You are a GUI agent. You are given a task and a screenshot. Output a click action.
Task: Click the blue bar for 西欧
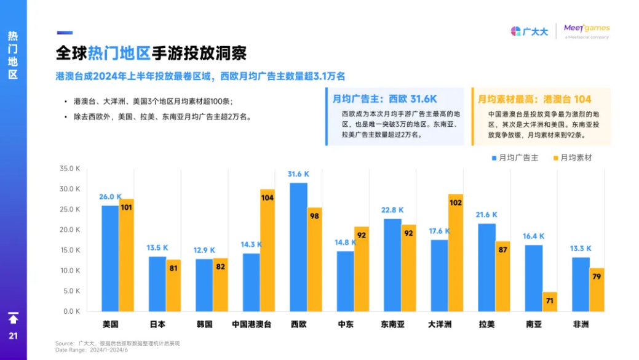coord(298,247)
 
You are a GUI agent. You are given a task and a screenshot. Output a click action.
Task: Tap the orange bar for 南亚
coord(549,302)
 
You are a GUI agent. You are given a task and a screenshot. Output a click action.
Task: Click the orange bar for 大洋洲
coord(455,252)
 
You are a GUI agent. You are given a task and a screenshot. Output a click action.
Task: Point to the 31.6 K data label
coord(298,174)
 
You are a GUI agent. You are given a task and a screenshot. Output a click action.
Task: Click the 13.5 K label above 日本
coord(157,248)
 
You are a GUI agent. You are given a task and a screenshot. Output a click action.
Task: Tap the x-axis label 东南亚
coord(392,324)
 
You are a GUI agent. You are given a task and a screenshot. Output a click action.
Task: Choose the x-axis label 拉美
coord(486,324)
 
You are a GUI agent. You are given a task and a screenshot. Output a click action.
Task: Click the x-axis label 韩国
coord(204,324)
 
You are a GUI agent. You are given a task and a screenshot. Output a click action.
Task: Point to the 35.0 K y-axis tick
coord(69,169)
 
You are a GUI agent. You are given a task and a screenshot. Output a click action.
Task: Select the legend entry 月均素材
coord(571,158)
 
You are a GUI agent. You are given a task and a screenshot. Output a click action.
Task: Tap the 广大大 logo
coord(530,31)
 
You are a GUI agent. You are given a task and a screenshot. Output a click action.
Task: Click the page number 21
coord(13,336)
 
